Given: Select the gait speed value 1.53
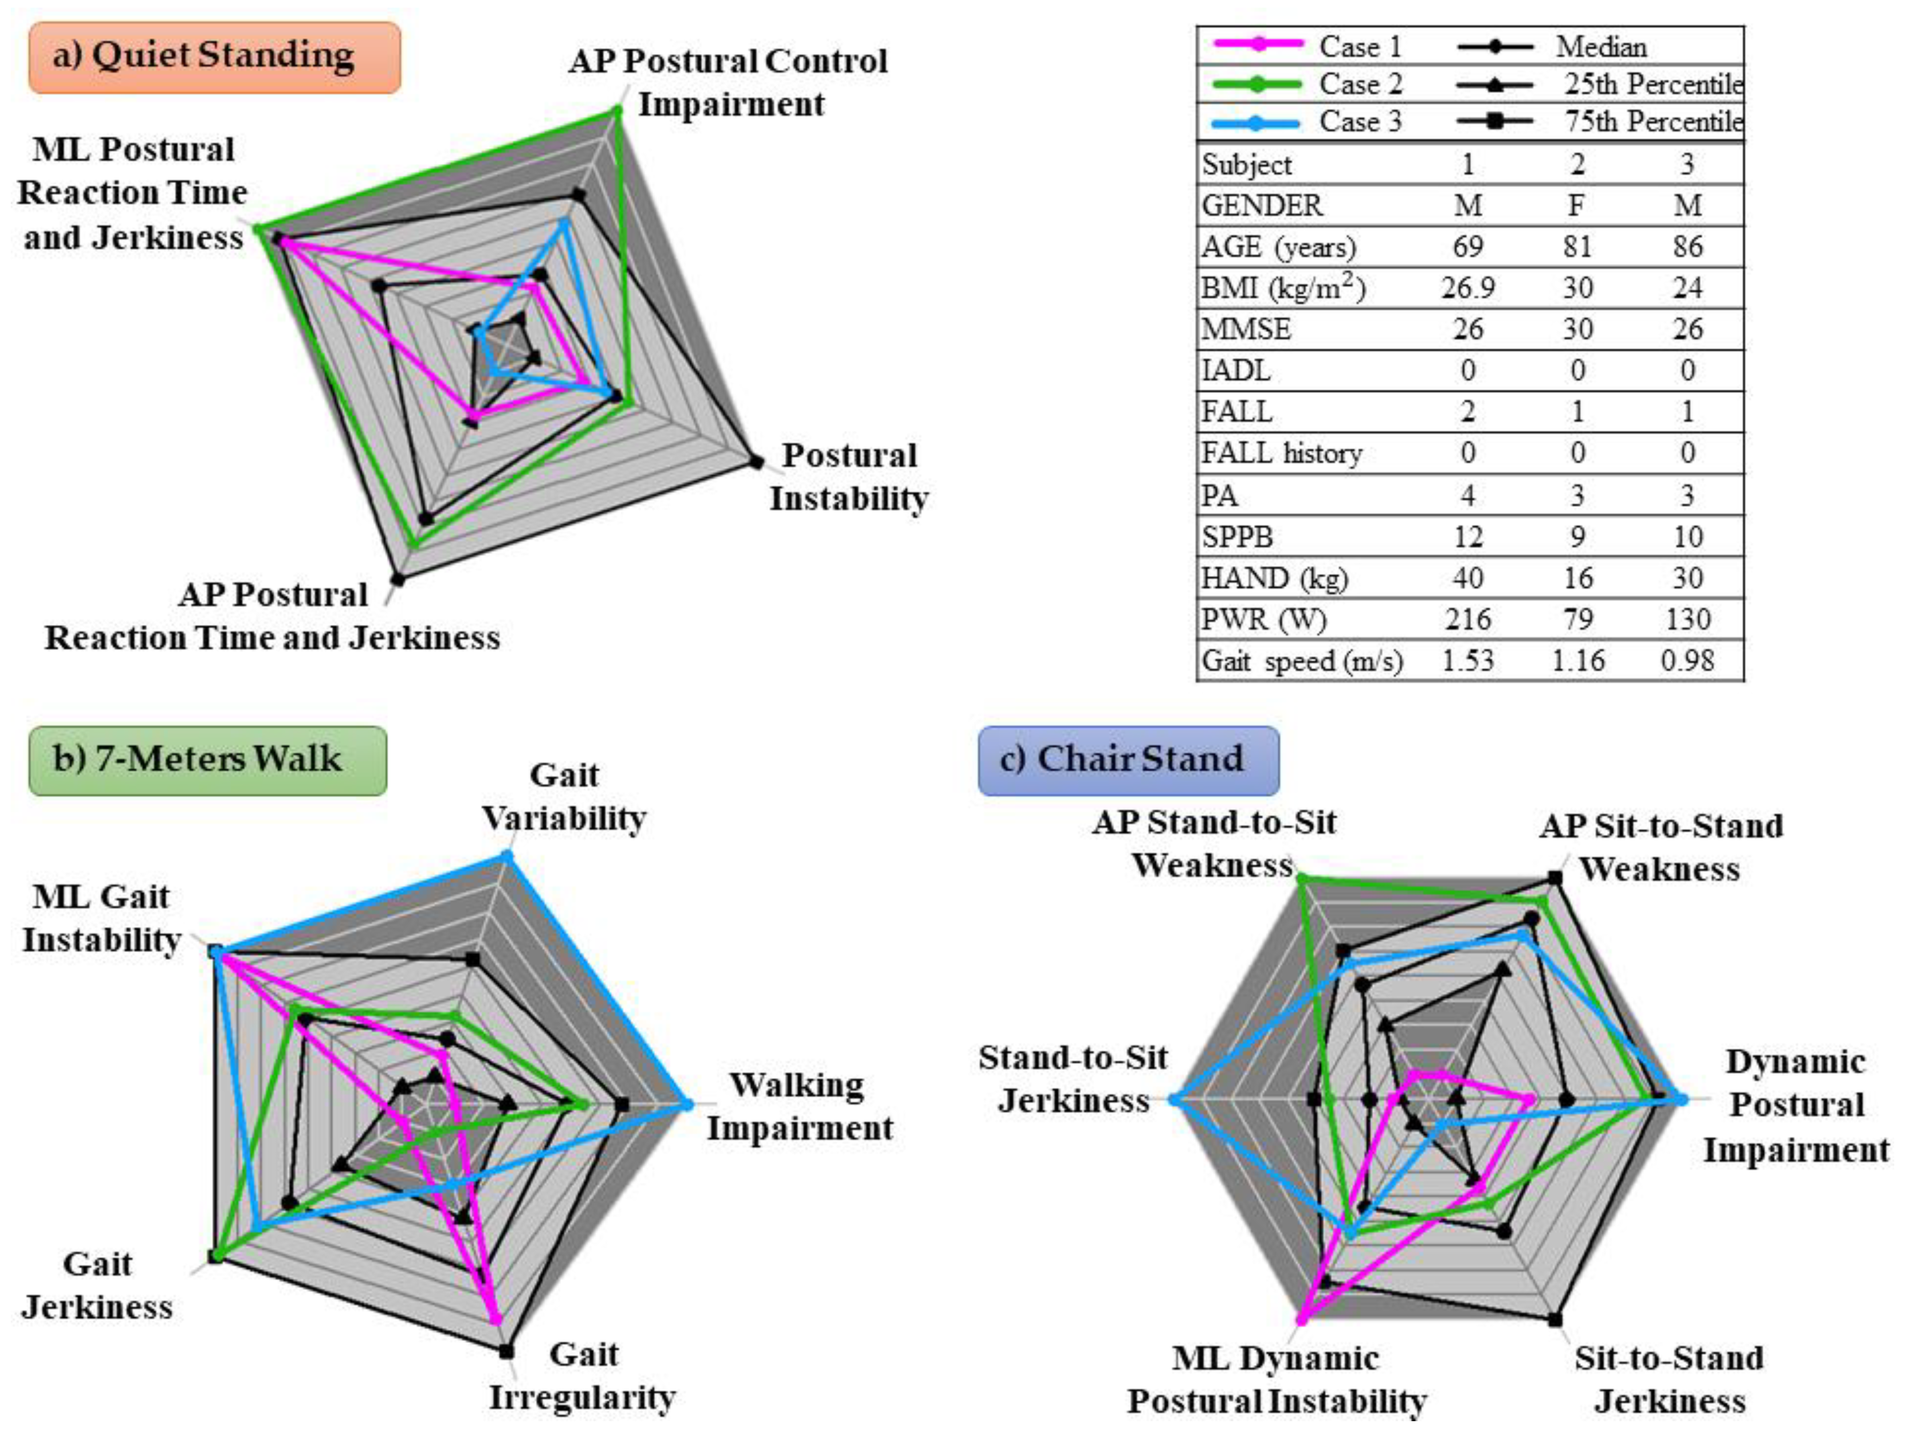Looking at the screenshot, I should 1468,661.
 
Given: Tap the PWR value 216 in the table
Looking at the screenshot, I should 1468,620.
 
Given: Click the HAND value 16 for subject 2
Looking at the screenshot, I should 1578,578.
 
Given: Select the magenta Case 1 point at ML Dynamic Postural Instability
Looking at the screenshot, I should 1303,1319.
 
